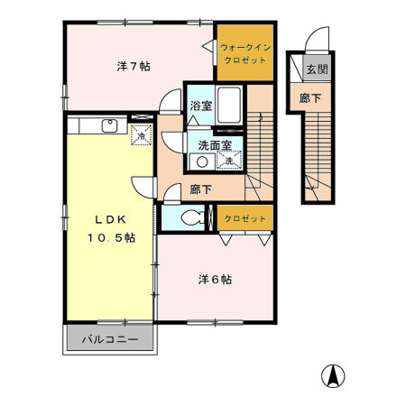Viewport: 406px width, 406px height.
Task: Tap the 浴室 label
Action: click(x=200, y=105)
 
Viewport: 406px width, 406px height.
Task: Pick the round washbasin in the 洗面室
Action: click(x=203, y=162)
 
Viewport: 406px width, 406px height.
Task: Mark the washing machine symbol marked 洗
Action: click(x=229, y=161)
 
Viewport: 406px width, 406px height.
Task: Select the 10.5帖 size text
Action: click(x=112, y=237)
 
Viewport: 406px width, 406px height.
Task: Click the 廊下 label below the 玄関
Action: click(x=309, y=97)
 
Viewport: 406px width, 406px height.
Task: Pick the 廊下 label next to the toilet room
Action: click(x=201, y=190)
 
